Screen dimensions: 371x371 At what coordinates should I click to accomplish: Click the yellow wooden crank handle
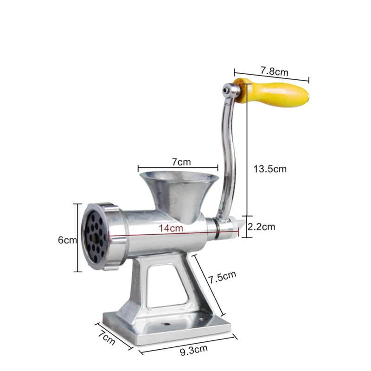coord(272,93)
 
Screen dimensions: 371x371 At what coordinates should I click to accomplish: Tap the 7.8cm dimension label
coord(275,71)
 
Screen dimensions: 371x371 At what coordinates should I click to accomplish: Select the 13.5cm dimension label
coord(270,169)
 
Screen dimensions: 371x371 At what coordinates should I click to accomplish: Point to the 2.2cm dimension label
coord(262,227)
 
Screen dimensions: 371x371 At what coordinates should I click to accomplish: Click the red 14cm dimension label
coord(171,228)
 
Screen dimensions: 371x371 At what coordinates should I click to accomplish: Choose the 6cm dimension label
coord(67,240)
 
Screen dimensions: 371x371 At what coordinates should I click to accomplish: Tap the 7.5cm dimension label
coord(223,276)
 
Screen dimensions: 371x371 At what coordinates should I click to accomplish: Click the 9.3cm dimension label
coord(194,350)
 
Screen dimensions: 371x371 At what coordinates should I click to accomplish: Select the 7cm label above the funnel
coord(181,162)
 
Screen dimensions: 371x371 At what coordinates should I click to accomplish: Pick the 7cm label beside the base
coord(107,338)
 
